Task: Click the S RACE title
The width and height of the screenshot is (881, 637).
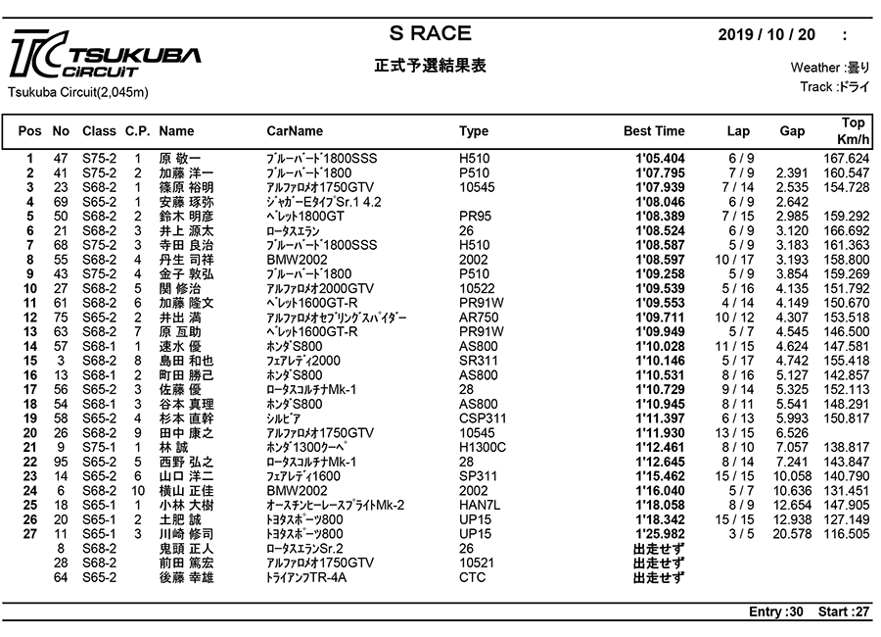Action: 430,33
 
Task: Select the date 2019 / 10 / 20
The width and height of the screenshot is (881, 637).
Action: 765,34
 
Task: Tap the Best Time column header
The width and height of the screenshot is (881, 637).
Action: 654,130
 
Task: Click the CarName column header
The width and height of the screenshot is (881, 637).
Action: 295,130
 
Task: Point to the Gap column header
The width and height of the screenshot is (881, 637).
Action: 792,130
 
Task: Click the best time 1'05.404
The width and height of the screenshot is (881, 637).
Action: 660,158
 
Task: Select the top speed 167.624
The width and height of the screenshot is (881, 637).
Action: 847,158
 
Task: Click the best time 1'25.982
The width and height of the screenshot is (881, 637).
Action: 660,533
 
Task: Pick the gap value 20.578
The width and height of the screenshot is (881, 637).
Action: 792,533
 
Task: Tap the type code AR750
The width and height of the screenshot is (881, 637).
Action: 479,317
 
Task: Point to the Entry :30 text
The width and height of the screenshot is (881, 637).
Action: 776,612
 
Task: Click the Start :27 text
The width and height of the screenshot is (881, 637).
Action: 844,612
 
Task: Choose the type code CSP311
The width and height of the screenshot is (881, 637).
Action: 482,417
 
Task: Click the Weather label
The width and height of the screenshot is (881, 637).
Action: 815,68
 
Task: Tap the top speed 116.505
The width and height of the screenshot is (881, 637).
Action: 847,533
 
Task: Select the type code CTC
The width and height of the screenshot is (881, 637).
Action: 473,577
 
